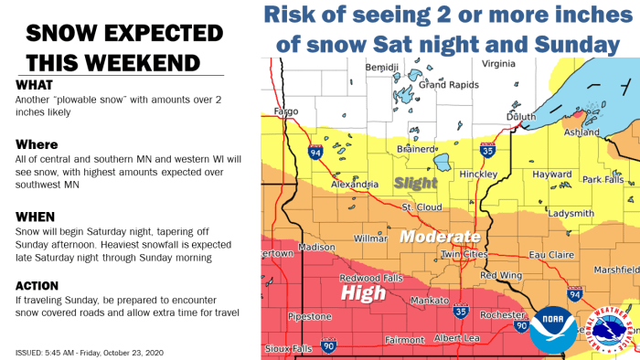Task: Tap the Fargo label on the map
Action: [x=288, y=113]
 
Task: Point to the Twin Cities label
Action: [x=463, y=253]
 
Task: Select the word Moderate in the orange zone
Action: [x=440, y=236]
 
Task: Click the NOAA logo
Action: [x=552, y=329]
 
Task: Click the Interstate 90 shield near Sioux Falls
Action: [x=328, y=346]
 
